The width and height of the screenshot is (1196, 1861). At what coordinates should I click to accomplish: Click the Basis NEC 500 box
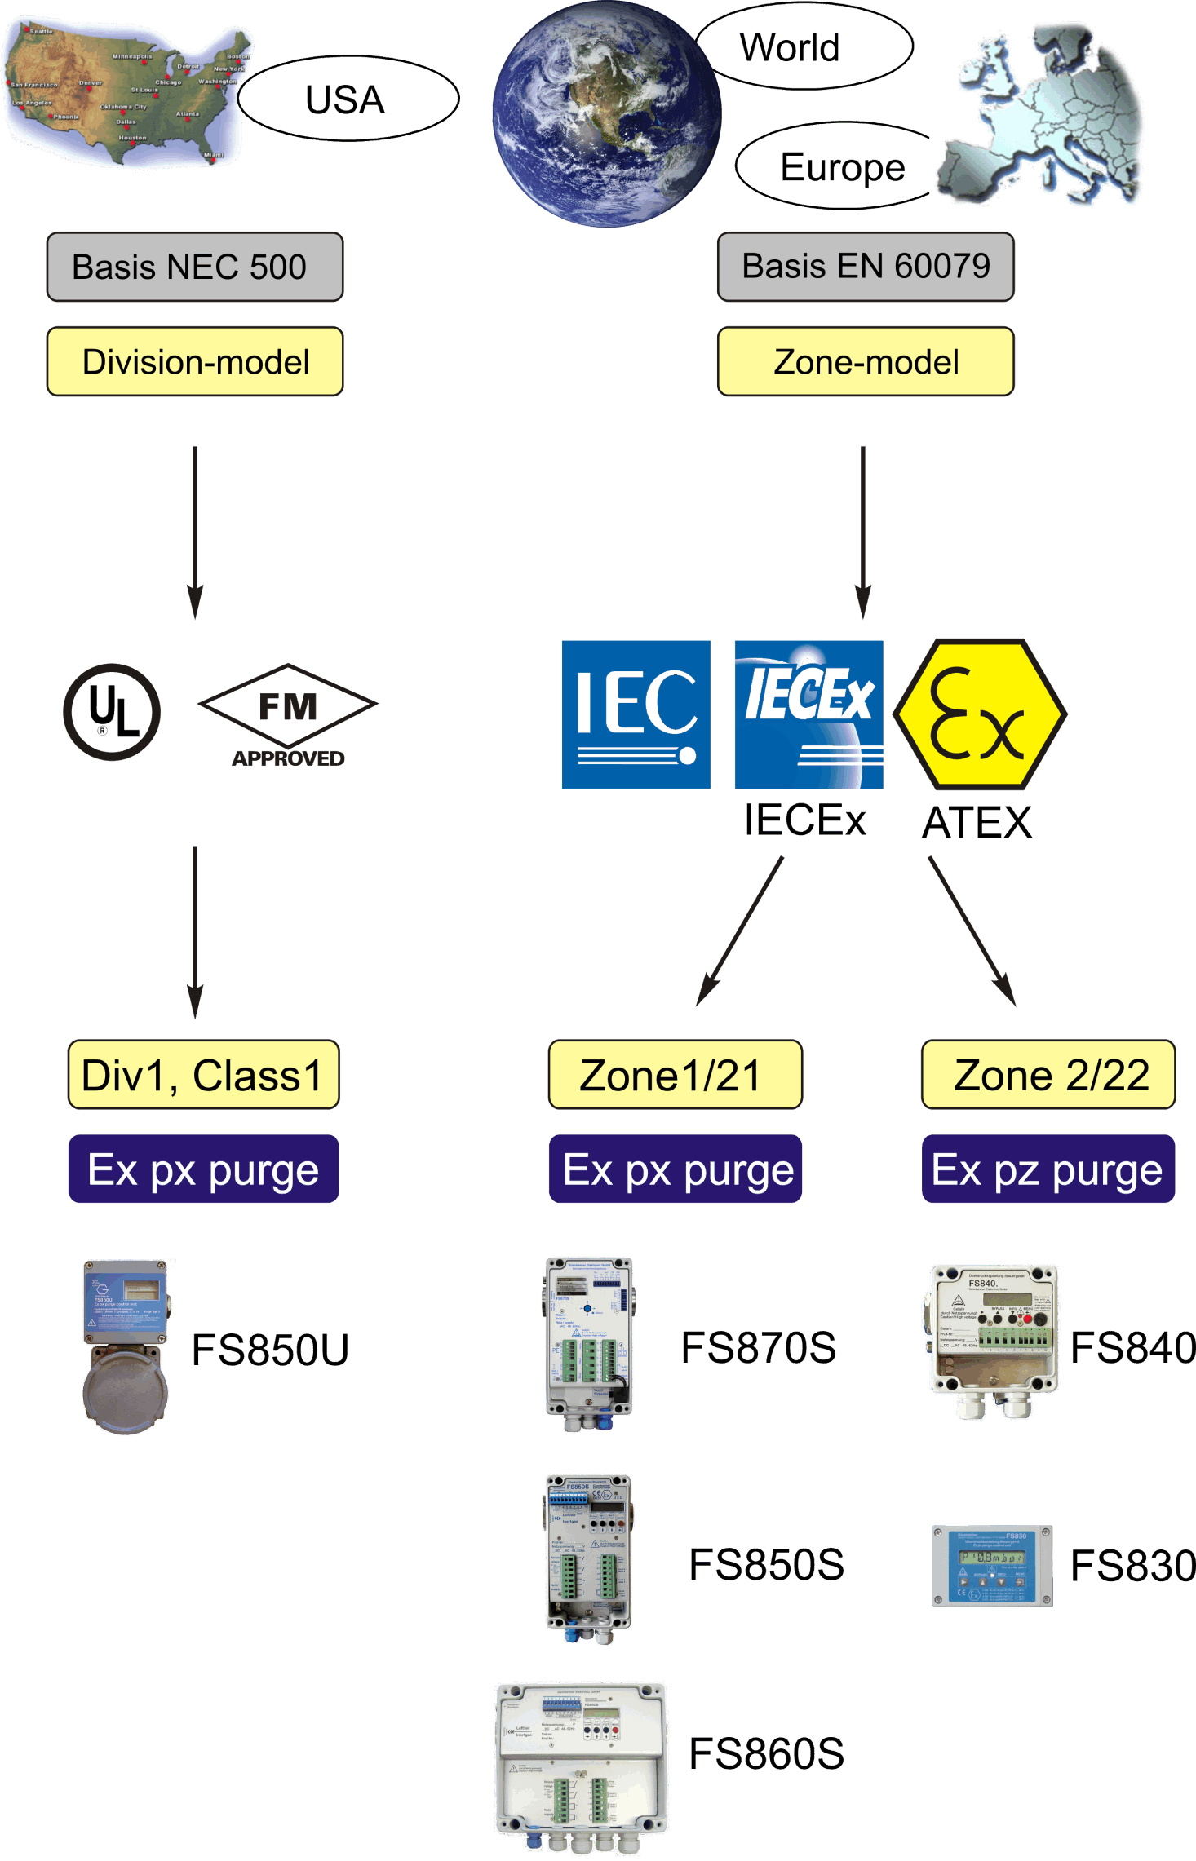[x=195, y=267]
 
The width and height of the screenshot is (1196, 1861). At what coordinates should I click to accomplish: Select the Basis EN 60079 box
[x=866, y=267]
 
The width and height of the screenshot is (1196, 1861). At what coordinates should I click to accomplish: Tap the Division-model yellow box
[x=195, y=361]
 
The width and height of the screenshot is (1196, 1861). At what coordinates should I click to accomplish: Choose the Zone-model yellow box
[x=866, y=361]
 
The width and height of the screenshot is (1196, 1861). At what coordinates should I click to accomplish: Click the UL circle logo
[x=112, y=712]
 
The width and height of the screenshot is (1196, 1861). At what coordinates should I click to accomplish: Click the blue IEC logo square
[x=636, y=714]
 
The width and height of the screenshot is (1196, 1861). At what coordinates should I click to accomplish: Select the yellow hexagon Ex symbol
[x=980, y=714]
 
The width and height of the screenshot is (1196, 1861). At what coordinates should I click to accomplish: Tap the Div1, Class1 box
[x=203, y=1075]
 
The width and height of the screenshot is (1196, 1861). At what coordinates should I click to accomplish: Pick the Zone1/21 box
[x=675, y=1075]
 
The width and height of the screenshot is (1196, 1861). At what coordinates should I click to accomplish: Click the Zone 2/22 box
[x=1048, y=1075]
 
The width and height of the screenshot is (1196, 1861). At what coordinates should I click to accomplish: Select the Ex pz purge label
[x=1048, y=1169]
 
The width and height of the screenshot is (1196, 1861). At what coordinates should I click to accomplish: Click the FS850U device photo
[x=126, y=1346]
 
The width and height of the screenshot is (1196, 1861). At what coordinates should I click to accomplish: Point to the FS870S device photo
[x=588, y=1344]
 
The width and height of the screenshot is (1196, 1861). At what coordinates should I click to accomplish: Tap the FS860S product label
[x=766, y=1753]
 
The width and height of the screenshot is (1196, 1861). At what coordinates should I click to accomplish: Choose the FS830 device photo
[x=992, y=1566]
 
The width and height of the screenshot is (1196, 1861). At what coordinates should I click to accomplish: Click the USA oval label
[x=347, y=99]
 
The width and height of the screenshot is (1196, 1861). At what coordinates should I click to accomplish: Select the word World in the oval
[x=790, y=47]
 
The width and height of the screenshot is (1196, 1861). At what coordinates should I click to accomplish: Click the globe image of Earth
[x=606, y=114]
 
